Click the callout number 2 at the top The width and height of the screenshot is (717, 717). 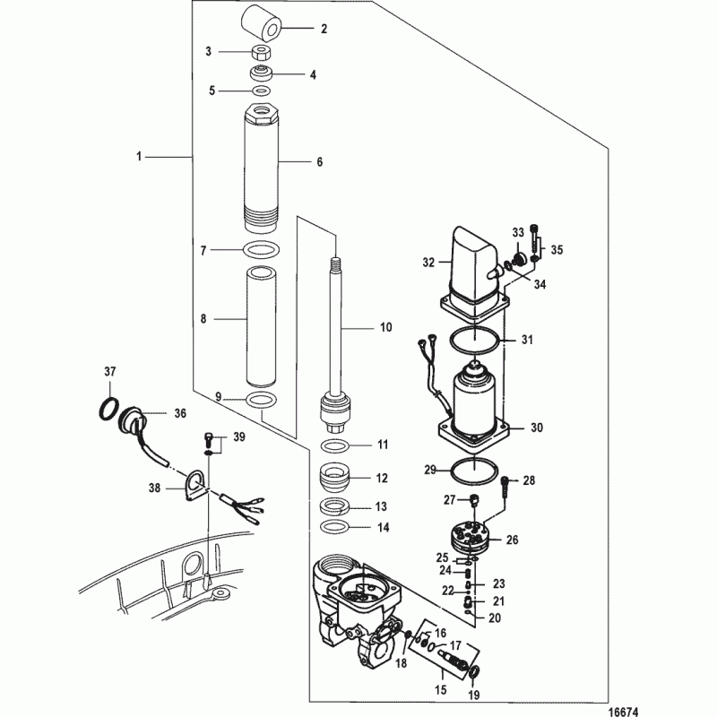324,29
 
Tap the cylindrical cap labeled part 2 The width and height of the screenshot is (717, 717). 261,22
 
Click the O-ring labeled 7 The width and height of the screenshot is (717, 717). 261,250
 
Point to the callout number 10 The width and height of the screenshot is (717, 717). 386,328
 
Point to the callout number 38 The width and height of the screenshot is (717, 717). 154,488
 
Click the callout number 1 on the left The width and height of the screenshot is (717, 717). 139,156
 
